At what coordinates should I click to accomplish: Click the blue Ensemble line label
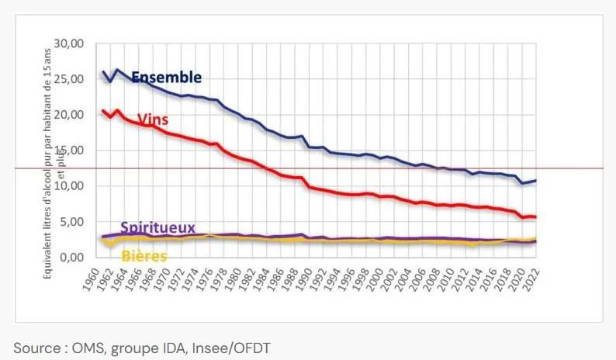pos(166,78)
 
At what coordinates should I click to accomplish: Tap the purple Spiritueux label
pos(157,228)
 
